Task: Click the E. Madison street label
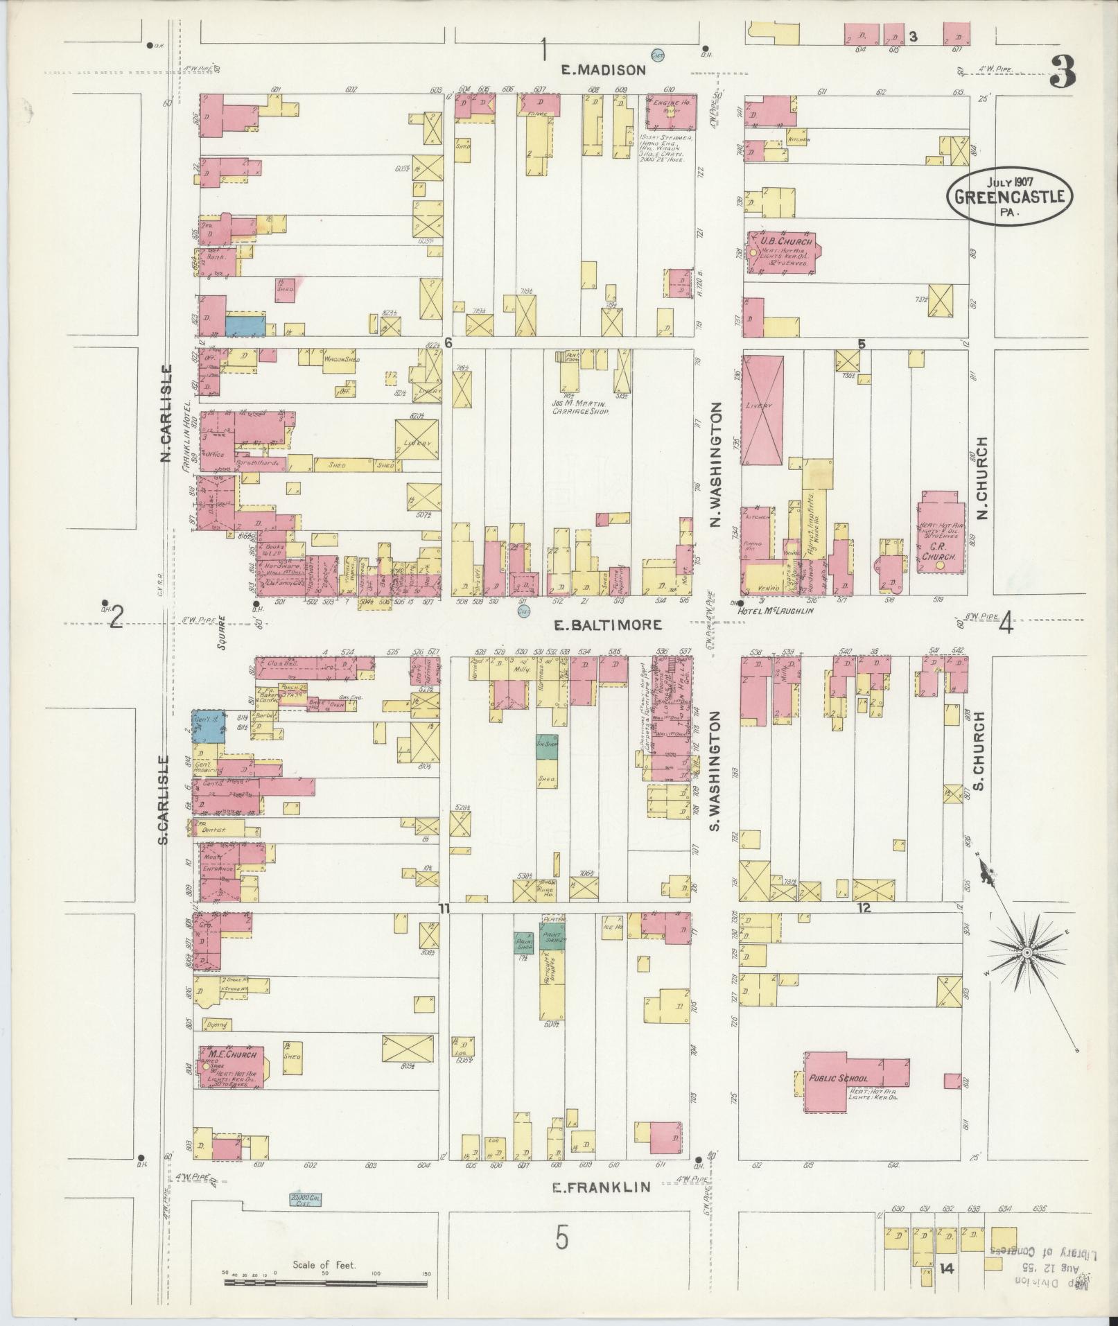[603, 69]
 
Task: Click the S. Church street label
[979, 750]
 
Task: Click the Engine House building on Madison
[671, 111]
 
